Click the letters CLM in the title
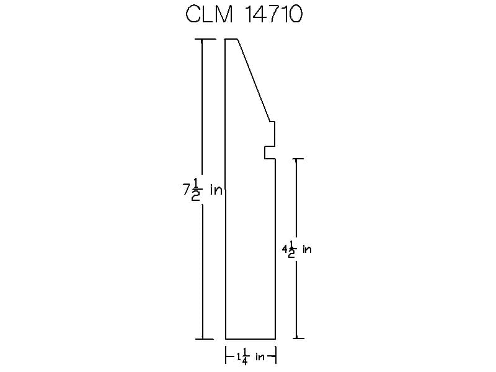pos(209,14)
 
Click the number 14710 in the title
pos(274,14)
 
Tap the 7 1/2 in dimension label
pos(203,190)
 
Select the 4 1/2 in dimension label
pos(297,249)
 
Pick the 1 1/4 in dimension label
pos(250,356)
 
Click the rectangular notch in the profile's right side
pos(270,153)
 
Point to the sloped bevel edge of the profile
pos(254,80)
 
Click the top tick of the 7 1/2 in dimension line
pos(205,39)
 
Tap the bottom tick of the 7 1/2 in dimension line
pos(204,339)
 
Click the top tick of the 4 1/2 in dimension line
pos(296,159)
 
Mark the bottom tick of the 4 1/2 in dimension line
pos(298,339)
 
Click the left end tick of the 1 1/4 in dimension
pos(226,355)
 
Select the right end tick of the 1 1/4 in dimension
pos(276,355)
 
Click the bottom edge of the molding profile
pos(250,339)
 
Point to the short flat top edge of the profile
pos(231,39)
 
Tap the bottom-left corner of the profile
pos(226,339)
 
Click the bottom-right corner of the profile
pos(275,339)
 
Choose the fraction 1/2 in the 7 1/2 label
pos(195,190)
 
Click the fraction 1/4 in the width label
pos(244,357)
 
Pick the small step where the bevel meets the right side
pos(272,122)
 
